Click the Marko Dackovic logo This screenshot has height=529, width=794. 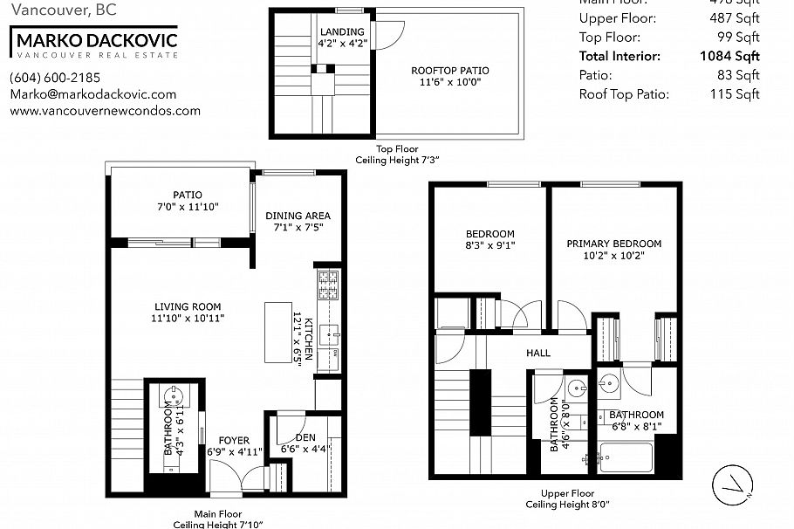tap(94, 42)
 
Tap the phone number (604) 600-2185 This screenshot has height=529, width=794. tap(54, 77)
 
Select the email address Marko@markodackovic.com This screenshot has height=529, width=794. tap(92, 94)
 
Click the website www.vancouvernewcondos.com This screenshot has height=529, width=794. tap(105, 111)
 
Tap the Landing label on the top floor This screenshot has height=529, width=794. tap(342, 32)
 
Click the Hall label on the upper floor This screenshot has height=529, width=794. tap(537, 353)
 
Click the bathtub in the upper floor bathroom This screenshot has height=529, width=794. tap(626, 457)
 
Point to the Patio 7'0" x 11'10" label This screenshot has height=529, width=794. tap(188, 201)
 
